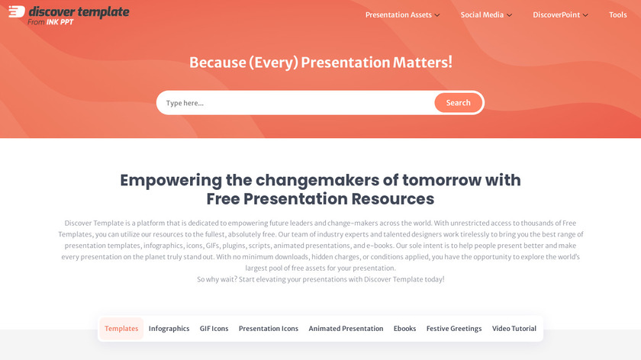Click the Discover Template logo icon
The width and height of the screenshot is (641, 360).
17,11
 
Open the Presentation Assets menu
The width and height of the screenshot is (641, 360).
402,14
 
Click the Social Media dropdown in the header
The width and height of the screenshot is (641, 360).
486,14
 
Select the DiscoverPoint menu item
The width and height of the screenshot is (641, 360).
560,14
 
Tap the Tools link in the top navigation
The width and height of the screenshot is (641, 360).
617,14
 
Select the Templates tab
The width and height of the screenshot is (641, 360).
121,329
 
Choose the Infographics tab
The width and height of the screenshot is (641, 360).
169,329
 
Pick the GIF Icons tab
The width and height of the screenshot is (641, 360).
214,329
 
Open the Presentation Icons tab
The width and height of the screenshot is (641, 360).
269,329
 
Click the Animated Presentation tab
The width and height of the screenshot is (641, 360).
346,329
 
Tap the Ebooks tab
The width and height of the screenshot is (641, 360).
404,329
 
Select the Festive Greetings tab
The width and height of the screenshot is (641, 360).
454,329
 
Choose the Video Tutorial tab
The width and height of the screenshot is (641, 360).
514,329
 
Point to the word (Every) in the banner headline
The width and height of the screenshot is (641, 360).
273,63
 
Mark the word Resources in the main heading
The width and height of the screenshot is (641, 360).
392,199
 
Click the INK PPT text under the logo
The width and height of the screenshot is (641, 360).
60,22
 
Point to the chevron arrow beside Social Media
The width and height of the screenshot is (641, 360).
510,15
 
